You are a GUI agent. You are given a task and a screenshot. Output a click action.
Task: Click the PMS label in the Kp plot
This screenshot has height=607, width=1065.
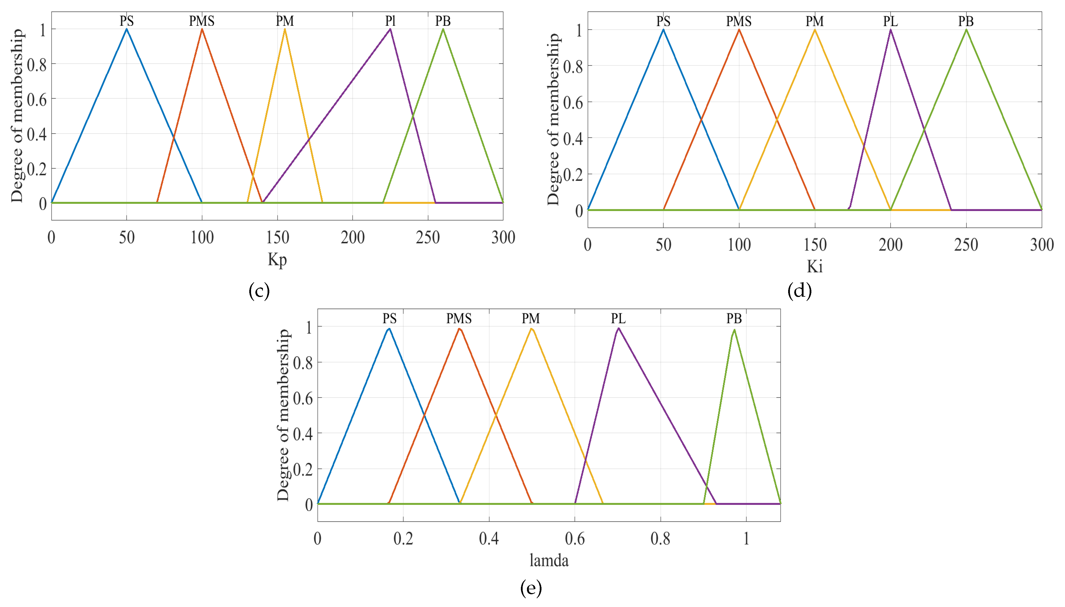(x=202, y=21)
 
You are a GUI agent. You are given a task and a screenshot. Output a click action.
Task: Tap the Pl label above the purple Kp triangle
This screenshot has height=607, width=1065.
(x=390, y=21)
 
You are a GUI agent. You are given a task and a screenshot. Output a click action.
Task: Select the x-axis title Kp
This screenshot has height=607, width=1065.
(x=277, y=260)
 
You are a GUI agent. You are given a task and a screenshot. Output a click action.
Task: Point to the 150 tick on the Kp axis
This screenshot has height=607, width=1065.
(x=277, y=238)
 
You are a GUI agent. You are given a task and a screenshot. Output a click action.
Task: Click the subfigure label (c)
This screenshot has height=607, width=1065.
(x=259, y=291)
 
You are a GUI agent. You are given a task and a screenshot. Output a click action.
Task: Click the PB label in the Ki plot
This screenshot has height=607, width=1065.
(x=966, y=21)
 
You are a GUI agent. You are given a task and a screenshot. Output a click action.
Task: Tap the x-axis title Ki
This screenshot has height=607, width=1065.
(x=815, y=267)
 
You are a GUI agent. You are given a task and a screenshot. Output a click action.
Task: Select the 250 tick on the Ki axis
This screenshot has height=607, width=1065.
(x=966, y=245)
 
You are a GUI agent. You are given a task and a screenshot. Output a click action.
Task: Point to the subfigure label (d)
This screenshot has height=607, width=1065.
(x=799, y=291)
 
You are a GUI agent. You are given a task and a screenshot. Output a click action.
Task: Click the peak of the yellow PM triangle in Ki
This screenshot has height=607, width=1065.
(x=815, y=30)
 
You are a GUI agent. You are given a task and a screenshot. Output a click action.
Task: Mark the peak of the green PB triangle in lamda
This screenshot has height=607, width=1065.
(x=734, y=330)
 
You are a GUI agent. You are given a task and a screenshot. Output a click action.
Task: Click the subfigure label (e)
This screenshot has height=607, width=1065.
(x=531, y=588)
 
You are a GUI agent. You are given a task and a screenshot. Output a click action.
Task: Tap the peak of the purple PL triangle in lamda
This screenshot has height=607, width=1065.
(x=618, y=329)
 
